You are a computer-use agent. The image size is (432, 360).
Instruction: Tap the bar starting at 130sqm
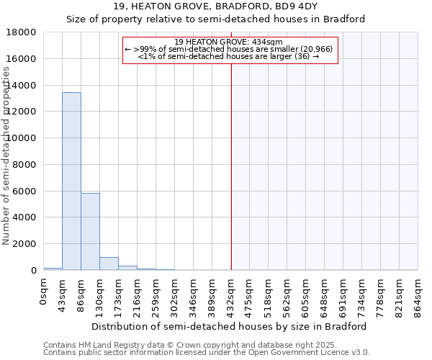[109, 264]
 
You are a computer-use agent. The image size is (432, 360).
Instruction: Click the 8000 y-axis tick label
[24, 165]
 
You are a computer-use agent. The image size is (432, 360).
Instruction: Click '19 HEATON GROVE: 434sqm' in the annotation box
[229, 42]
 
